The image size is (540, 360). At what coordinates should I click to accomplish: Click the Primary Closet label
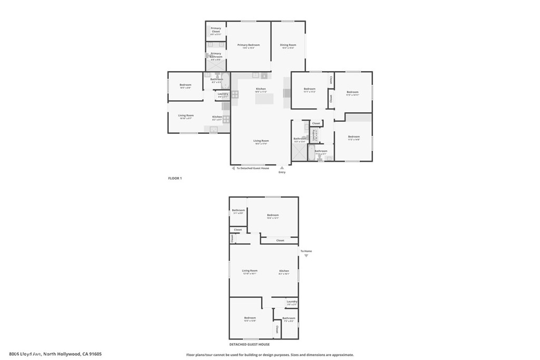point(216,30)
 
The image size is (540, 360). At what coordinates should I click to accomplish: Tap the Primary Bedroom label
point(249,45)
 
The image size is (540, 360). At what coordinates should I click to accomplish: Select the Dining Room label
point(288,45)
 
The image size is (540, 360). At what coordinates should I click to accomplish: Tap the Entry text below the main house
point(282,172)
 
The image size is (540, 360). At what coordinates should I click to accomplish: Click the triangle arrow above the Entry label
point(282,168)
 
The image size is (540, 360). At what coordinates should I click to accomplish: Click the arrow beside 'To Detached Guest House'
point(233,168)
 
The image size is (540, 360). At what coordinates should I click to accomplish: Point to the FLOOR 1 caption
point(175,178)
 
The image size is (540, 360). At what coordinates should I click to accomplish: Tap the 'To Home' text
point(306,251)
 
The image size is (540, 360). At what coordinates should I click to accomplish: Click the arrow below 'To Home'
point(306,256)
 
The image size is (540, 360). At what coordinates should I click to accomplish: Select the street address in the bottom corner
point(55,354)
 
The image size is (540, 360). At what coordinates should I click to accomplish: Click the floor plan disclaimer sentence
point(270,355)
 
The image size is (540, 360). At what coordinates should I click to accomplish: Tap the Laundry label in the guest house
point(292,302)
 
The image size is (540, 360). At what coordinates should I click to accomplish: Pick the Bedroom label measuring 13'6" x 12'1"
point(273,216)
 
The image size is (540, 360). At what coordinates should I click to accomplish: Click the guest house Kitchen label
point(284,271)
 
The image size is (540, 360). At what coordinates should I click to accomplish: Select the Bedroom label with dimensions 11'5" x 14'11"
point(352,93)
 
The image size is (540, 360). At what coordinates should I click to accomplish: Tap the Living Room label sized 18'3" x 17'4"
point(261,141)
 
